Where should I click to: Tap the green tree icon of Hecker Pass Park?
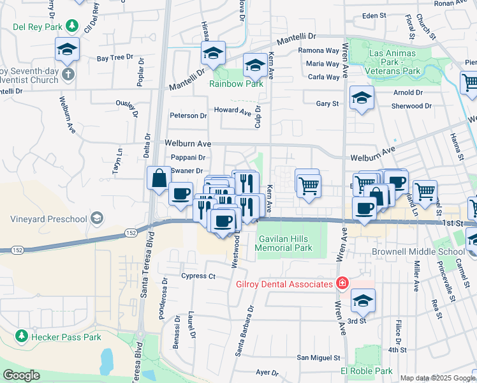pyautogui.click(x=21, y=336)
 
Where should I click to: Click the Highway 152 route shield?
pyautogui.click(x=130, y=232)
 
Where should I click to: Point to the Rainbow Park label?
pyautogui.click(x=237, y=84)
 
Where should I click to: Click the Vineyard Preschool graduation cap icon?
pyautogui.click(x=96, y=220)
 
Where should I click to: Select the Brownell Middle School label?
pyautogui.click(x=418, y=252)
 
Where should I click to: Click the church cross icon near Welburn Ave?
pyautogui.click(x=68, y=75)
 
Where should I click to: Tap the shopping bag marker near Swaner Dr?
pyautogui.click(x=158, y=179)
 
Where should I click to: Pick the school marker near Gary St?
pyautogui.click(x=362, y=98)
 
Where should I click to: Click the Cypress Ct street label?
pyautogui.click(x=198, y=276)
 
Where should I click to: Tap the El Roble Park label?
pyautogui.click(x=366, y=371)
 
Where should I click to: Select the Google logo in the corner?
pyautogui.click(x=21, y=375)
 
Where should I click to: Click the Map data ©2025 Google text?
pyautogui.click(x=437, y=378)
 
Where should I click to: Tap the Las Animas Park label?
pyautogui.click(x=393, y=53)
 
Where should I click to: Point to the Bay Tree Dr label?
pyautogui.click(x=115, y=58)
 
